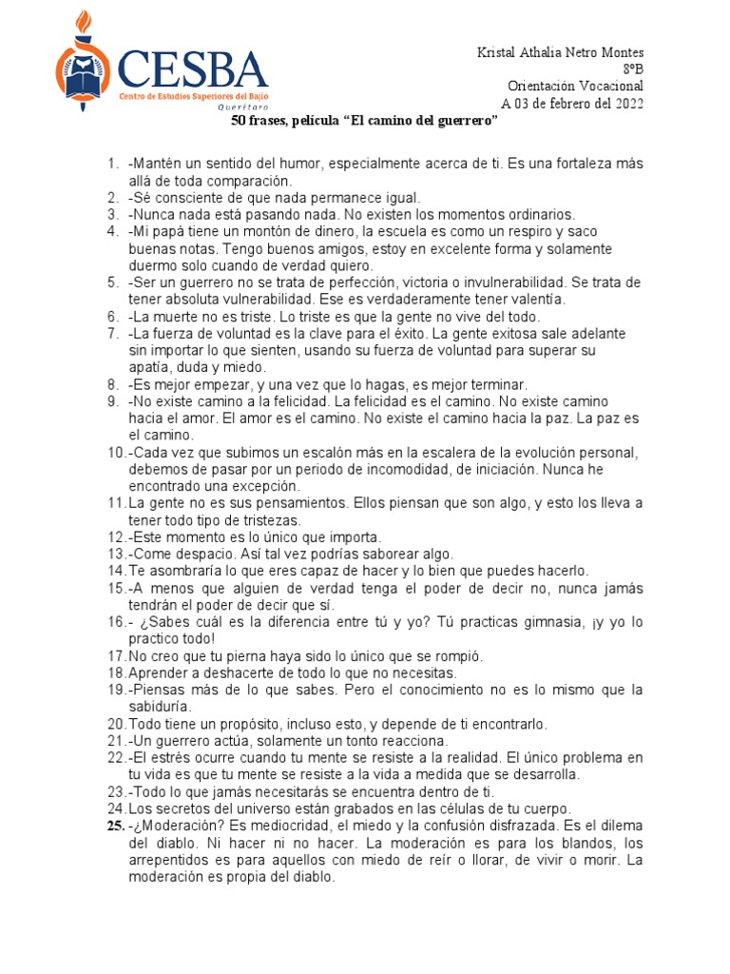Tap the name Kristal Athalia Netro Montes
coord(560,51)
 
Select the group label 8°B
coord(633,68)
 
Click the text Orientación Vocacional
coord(576,86)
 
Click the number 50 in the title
coord(240,124)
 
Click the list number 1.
coord(112,164)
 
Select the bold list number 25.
coord(114,827)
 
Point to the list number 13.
coord(116,554)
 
